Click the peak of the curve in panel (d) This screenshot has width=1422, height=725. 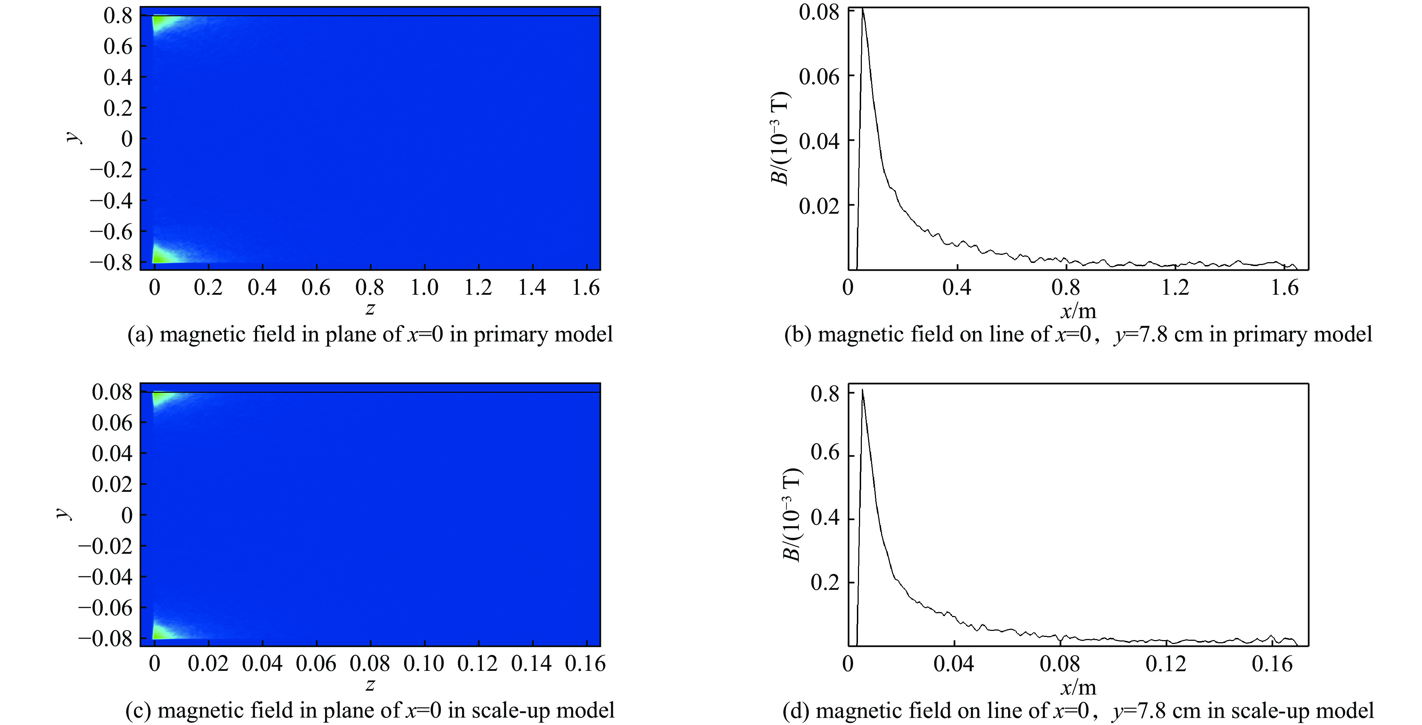[862, 390]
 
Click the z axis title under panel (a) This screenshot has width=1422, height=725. [370, 309]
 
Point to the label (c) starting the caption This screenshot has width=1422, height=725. [138, 710]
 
